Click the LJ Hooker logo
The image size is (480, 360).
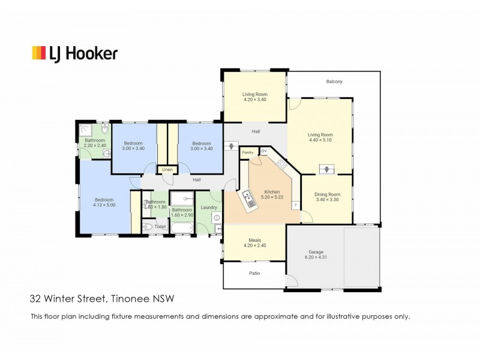coord(74,53)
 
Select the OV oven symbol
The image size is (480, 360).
coord(263,151)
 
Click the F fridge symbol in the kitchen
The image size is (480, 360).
coord(295,205)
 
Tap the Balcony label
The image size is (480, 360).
coord(334,82)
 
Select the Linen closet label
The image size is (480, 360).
coord(167,170)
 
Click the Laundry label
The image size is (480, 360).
coord(209,208)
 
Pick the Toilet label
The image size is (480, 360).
coord(160,227)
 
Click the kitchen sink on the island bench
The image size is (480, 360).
coord(248,196)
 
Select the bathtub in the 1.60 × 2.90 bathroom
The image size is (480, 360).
coord(182,227)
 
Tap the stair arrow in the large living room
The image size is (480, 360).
coord(326,169)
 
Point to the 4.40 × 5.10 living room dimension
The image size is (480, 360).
coord(320,140)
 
